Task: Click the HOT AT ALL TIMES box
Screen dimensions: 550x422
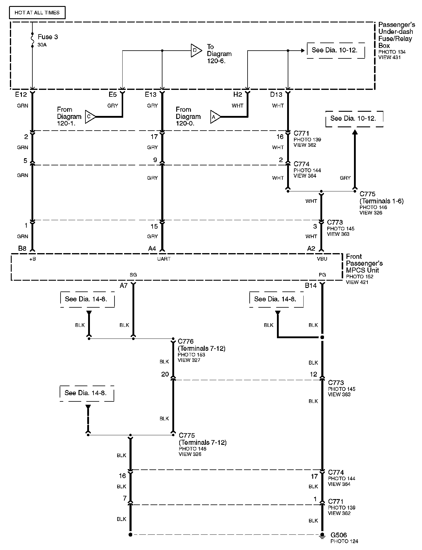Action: (37, 13)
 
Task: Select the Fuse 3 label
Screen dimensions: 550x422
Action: (48, 37)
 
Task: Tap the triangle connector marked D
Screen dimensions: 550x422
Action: (196, 50)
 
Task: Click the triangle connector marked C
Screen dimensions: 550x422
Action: (90, 117)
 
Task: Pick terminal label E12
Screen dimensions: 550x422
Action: (21, 95)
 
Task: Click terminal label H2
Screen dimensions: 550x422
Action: (237, 95)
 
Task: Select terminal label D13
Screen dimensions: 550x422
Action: (276, 95)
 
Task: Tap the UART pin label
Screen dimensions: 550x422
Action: (164, 259)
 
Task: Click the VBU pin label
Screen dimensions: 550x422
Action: (322, 259)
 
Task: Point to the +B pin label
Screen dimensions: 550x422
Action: (32, 259)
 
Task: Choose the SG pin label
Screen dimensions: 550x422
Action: (133, 274)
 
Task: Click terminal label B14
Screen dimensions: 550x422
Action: (311, 285)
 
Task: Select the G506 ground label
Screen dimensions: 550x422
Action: (339, 535)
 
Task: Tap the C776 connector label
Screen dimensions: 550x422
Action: (186, 341)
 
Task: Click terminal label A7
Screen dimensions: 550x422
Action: (123, 285)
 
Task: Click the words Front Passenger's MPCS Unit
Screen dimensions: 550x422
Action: (364, 263)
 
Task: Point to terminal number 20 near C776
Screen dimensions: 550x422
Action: (165, 374)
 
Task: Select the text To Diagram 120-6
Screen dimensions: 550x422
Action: (219, 54)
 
